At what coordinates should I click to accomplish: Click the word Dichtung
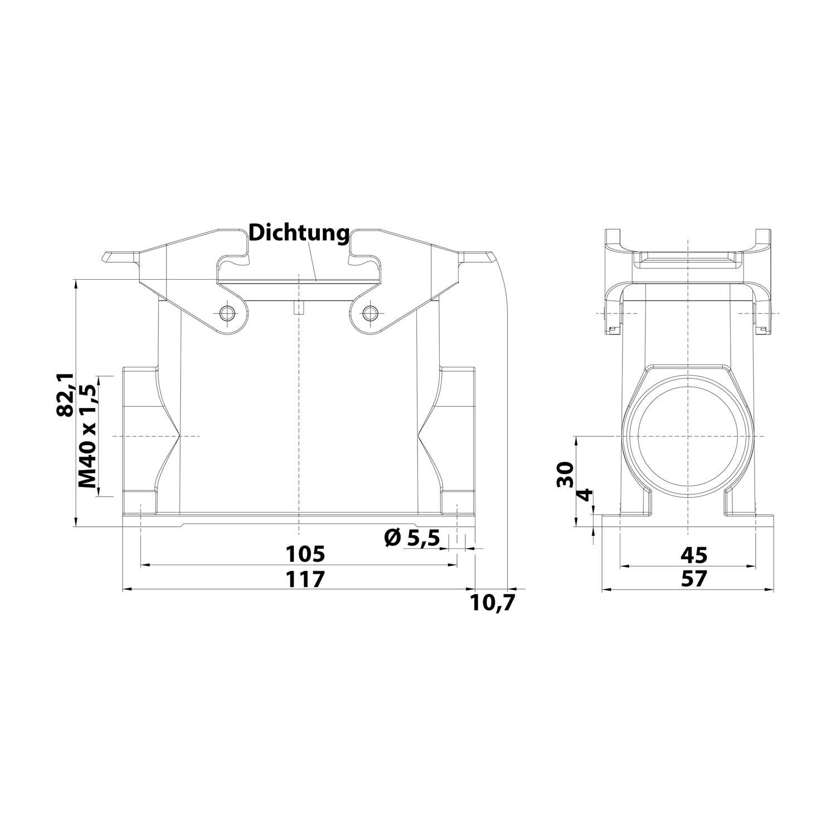(x=299, y=233)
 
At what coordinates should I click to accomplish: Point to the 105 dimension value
(x=305, y=555)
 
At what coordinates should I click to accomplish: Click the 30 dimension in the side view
(x=565, y=474)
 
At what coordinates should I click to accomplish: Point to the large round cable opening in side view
(x=688, y=436)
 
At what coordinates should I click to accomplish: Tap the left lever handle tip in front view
(x=107, y=257)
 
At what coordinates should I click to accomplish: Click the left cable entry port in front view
(x=139, y=435)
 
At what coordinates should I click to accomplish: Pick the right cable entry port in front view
(x=458, y=435)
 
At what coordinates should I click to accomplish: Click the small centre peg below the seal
(x=299, y=308)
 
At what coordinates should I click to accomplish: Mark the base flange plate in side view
(x=688, y=521)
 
